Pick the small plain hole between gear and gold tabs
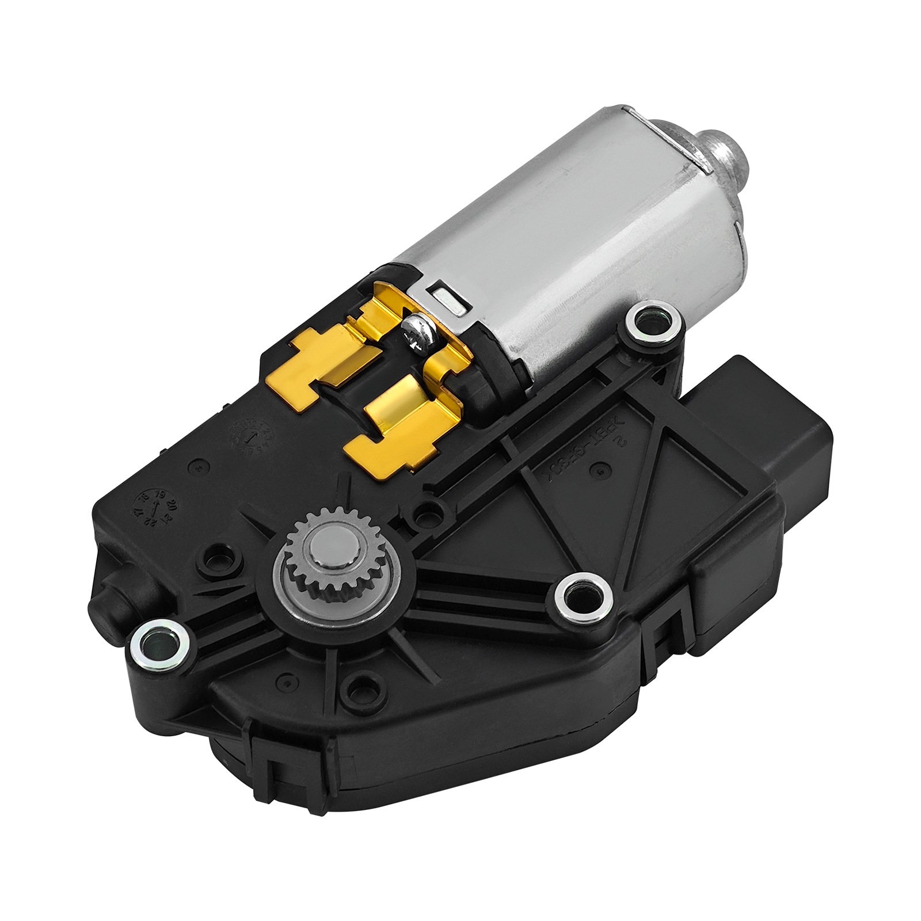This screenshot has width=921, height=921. [x=427, y=511]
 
